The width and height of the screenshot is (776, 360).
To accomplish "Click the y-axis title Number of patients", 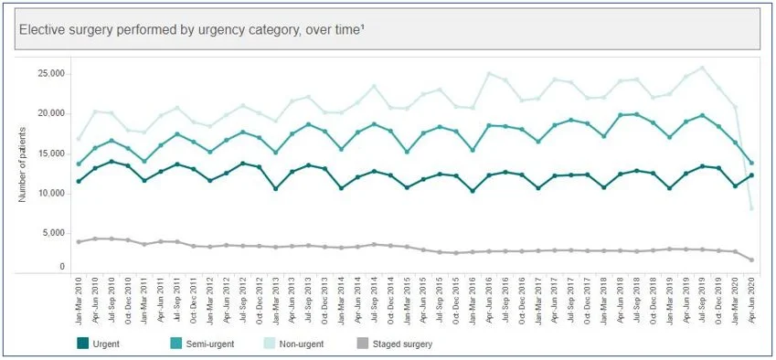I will click(22, 165).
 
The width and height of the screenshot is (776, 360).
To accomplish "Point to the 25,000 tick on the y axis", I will click(48, 73).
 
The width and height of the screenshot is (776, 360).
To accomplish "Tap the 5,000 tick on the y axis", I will click(50, 233).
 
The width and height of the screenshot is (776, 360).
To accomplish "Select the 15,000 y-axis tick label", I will click(48, 154).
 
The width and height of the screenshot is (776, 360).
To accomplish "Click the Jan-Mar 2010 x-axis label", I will click(80, 296).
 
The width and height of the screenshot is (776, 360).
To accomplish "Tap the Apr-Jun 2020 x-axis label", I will click(752, 296).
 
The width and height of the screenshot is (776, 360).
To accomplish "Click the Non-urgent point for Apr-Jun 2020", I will click(751, 208).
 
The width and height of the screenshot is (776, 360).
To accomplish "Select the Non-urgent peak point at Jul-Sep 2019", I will click(702, 68).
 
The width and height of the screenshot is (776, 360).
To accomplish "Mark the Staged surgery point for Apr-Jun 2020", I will click(751, 260).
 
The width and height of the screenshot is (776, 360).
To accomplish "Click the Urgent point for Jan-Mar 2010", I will click(80, 182).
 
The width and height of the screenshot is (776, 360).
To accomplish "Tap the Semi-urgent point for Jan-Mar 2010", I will click(80, 164).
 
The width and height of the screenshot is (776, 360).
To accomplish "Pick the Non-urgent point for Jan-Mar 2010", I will click(80, 139).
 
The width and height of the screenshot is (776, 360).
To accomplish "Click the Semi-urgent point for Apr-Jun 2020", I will click(751, 163).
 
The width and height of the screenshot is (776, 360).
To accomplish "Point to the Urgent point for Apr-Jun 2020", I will click(751, 175).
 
